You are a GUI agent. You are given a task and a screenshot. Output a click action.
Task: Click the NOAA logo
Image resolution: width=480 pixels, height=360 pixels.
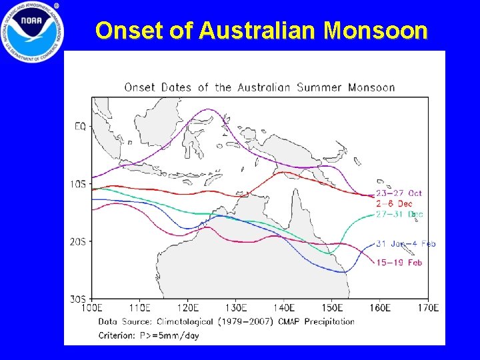(x=31, y=31)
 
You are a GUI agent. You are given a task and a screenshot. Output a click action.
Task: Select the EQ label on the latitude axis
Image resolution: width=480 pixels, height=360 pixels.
(x=80, y=125)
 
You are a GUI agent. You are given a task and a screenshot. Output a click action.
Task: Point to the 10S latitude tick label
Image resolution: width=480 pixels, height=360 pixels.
(x=78, y=183)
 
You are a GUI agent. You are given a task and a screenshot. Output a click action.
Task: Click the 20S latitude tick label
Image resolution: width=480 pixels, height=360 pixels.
(x=78, y=241)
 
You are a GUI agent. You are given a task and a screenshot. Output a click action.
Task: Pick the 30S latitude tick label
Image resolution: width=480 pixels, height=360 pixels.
(x=78, y=299)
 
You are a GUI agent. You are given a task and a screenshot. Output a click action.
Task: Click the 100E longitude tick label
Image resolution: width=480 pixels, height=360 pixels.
(x=92, y=308)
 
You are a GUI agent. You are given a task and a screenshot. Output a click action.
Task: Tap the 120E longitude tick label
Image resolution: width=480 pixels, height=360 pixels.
(x=188, y=308)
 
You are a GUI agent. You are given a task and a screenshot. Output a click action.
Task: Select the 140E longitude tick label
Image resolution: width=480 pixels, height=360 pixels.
(x=284, y=308)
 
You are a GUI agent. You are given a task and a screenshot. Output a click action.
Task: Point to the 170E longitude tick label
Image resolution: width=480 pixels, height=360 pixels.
(x=427, y=308)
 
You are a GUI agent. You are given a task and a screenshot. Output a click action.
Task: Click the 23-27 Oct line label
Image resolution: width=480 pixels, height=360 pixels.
(x=399, y=193)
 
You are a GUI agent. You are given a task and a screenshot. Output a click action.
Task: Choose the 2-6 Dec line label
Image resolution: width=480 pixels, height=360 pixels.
(x=395, y=203)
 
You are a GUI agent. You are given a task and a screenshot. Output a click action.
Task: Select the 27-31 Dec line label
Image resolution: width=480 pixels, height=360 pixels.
(x=399, y=215)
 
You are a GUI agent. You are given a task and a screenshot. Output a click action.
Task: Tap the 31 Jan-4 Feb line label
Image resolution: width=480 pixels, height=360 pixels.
(x=405, y=244)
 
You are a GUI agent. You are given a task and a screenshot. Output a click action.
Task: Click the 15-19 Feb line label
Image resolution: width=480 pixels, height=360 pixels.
(x=399, y=263)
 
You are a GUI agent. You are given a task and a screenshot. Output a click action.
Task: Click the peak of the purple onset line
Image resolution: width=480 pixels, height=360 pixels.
(x=209, y=109)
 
